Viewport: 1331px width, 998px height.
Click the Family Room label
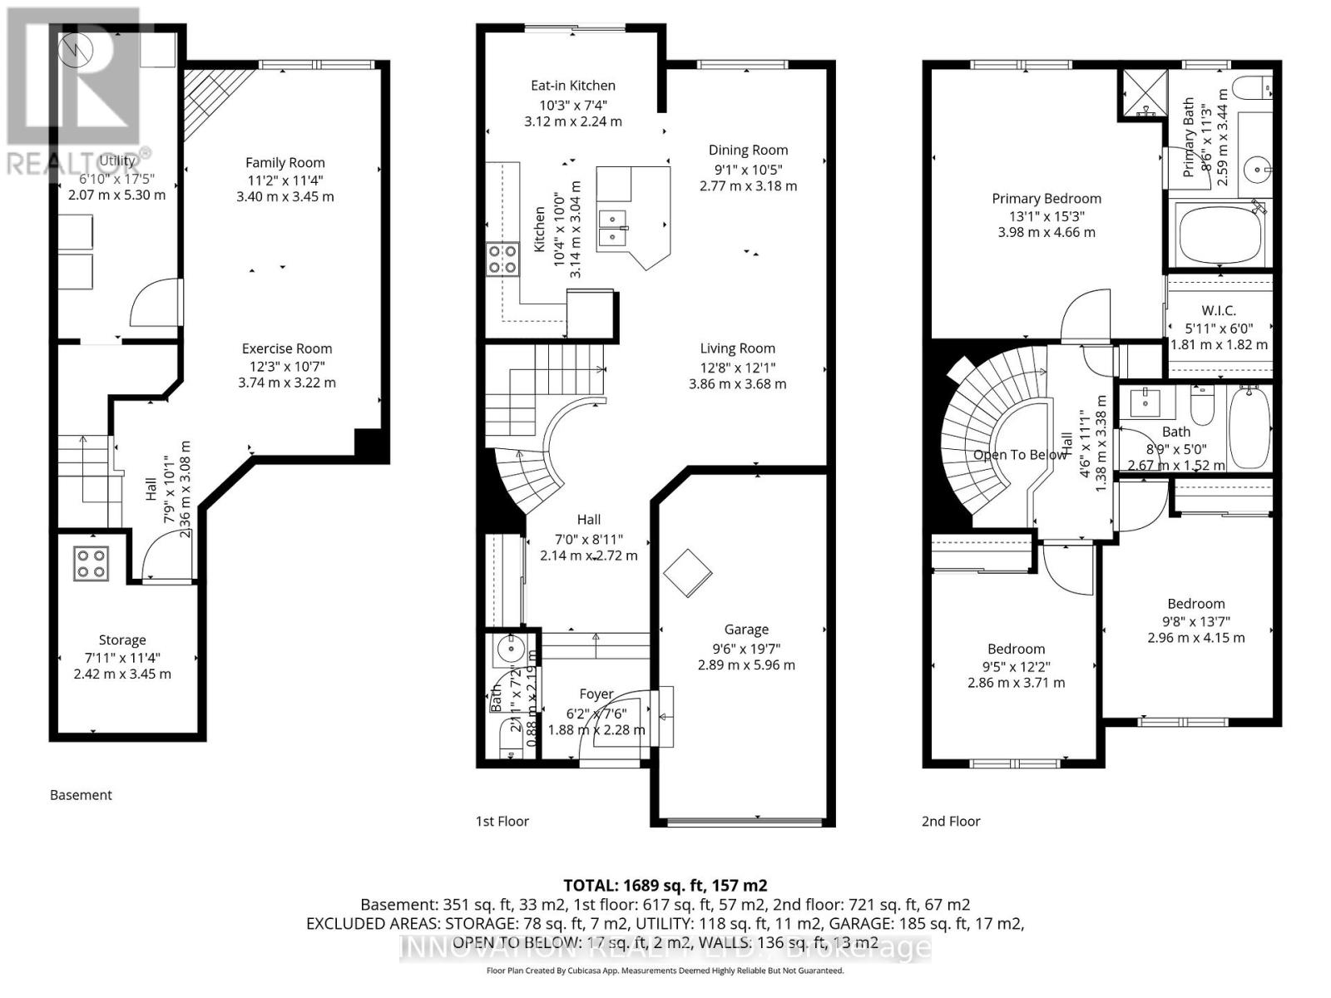(285, 163)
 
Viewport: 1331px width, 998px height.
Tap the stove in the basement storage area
(91, 563)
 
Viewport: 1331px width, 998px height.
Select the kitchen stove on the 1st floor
(502, 259)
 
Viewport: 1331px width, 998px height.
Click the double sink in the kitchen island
(614, 230)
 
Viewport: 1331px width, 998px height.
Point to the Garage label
(746, 630)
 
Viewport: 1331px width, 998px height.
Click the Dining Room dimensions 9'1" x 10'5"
(748, 169)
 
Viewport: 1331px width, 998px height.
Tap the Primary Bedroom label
(1046, 198)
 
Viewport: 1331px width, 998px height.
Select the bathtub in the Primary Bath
(1220, 235)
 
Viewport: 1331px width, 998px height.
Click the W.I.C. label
(1219, 310)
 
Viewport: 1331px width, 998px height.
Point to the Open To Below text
(1019, 455)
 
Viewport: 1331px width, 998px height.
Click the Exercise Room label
(287, 348)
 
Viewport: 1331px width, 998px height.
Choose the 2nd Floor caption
(951, 821)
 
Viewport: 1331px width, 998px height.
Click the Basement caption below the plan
(81, 795)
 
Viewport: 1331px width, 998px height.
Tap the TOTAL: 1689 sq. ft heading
(665, 885)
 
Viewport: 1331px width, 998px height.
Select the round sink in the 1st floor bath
(508, 650)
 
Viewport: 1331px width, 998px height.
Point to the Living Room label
(737, 348)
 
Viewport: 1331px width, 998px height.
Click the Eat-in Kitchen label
(573, 85)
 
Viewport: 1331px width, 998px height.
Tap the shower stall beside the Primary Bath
(1141, 93)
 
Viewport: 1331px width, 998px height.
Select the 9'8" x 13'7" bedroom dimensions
(1195, 621)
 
